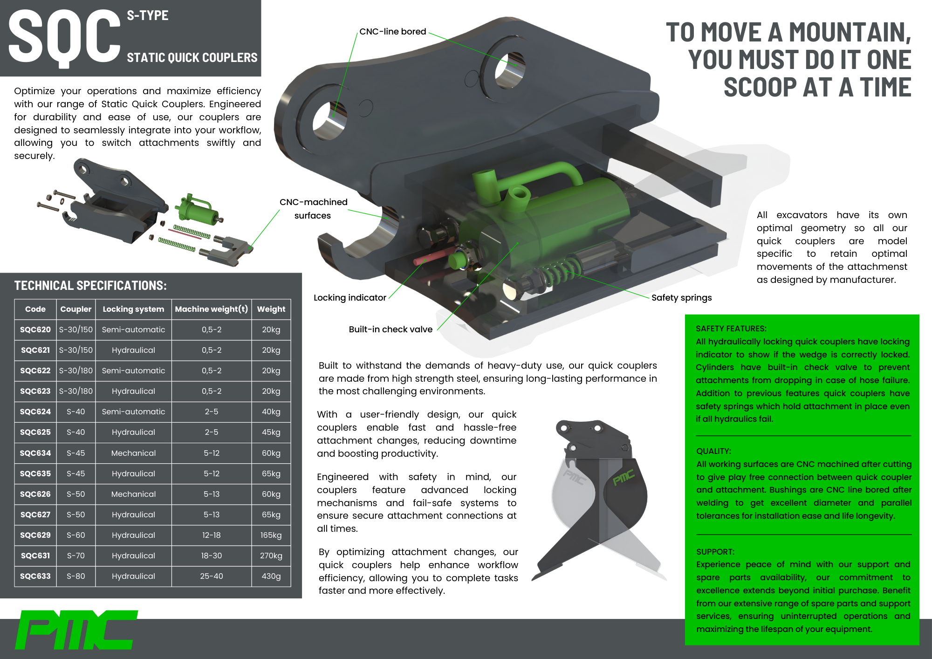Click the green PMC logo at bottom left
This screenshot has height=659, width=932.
77,630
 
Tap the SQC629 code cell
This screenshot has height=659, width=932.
35,535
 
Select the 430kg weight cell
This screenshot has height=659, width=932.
271,576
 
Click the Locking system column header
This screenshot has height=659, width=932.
133,309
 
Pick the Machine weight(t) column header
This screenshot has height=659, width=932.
211,309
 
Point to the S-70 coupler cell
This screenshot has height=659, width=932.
75,556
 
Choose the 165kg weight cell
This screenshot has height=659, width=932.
271,535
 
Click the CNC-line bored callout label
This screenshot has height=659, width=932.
392,32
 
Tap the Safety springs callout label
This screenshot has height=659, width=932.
681,298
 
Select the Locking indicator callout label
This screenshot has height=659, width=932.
349,298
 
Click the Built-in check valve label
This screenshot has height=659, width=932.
391,329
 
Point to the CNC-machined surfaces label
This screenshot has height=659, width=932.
313,208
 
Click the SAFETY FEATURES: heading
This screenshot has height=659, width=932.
731,329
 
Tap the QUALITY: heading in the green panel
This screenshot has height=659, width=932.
713,451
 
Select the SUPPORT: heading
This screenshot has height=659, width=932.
715,552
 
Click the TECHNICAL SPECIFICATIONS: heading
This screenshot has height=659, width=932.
90,286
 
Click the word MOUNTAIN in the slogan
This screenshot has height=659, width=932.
850,33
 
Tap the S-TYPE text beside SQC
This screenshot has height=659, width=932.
148,15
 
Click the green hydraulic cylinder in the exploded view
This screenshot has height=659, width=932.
194,208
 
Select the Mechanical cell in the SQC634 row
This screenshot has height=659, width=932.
133,453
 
